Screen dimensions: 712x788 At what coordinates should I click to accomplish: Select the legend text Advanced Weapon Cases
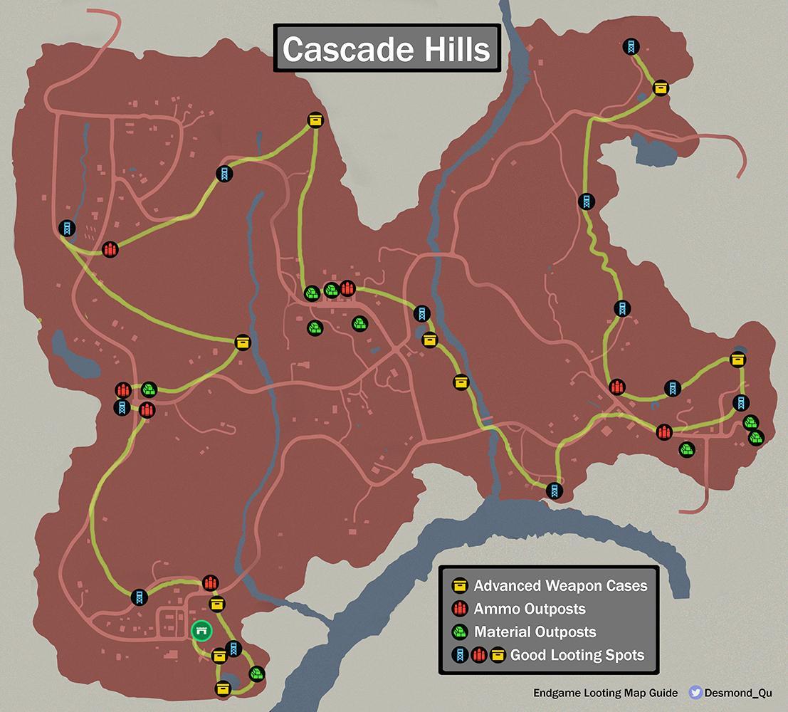pos(560,586)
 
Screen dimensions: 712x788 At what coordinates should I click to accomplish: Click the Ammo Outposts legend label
pos(530,609)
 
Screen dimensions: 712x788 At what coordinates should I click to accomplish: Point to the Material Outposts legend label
pos(535,632)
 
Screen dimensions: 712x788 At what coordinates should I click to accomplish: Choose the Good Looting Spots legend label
pos(577,654)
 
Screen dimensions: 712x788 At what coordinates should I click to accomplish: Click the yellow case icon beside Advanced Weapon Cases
pos(461,586)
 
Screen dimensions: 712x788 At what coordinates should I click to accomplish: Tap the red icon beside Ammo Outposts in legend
pos(461,609)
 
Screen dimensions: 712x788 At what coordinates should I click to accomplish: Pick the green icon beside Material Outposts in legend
pos(461,632)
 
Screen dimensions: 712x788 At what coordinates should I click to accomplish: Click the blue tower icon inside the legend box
pos(461,654)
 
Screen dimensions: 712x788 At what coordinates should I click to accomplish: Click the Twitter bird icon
pos(696,692)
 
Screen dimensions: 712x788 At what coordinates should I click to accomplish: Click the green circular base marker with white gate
pos(201,631)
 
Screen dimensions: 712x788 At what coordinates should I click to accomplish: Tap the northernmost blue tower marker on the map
pos(630,47)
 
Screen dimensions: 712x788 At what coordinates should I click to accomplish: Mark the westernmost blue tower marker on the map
pos(66,228)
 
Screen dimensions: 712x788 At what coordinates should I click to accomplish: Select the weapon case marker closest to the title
pos(315,120)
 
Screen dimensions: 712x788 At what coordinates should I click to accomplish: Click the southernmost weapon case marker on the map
pos(224,688)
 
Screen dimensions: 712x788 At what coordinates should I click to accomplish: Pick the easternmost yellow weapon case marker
pos(738,359)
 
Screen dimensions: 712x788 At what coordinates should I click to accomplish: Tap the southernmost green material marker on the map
pos(257,673)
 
